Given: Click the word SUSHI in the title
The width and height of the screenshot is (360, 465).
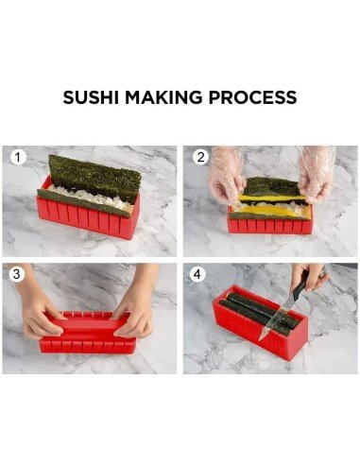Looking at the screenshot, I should tap(93, 97).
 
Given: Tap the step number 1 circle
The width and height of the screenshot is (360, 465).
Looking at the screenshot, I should tap(18, 157).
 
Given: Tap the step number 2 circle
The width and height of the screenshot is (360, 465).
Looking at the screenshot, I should tap(200, 157).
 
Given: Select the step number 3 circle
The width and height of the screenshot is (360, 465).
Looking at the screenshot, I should tap(18, 274).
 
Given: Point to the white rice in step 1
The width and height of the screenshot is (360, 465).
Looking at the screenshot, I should tap(85, 199).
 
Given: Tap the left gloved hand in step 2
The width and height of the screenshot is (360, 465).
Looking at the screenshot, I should tap(225, 175).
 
